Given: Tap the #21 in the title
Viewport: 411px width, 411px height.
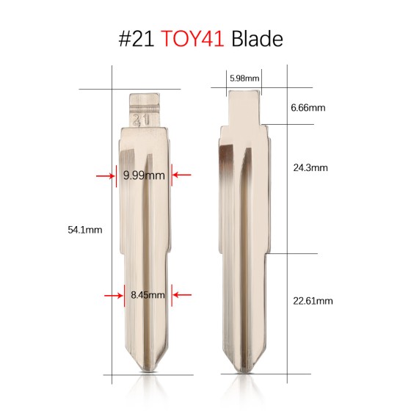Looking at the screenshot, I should point(137,38).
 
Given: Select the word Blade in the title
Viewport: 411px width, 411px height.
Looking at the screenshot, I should point(257,38).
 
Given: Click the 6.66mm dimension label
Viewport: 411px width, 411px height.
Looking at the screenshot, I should point(308,108).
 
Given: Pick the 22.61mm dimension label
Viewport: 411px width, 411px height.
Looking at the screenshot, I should point(312,300).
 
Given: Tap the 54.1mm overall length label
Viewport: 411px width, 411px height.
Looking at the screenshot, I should point(84,229).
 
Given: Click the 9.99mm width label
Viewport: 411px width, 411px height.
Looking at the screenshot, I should point(144,175).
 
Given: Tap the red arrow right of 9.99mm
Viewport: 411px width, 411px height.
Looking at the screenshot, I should point(181,175).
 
